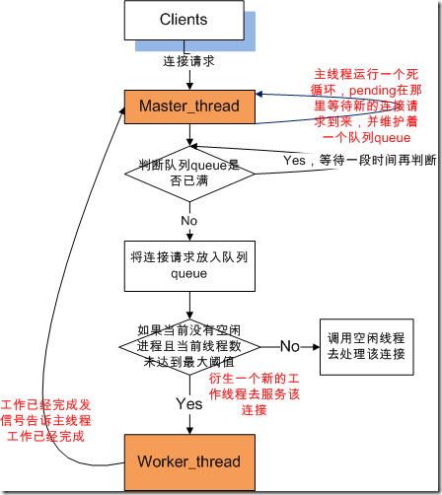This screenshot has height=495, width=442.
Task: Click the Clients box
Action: click(184, 20)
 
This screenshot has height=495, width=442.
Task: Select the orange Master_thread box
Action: click(189, 106)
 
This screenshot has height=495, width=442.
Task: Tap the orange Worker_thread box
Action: click(189, 462)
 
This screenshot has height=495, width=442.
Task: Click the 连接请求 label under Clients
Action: click(188, 61)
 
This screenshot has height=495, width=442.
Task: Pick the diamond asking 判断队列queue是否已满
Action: click(189, 174)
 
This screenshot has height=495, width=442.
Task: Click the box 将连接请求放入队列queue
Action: click(189, 266)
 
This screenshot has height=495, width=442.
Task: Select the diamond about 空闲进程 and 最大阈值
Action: click(189, 347)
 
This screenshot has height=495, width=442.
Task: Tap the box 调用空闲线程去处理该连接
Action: click(367, 347)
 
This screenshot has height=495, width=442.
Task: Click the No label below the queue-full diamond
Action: click(189, 221)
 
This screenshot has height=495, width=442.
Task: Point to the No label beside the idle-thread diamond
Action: click(290, 346)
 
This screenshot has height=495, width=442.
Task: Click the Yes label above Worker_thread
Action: click(189, 403)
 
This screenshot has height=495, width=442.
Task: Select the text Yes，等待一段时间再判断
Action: click(360, 161)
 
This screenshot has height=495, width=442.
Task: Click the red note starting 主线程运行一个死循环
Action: click(366, 106)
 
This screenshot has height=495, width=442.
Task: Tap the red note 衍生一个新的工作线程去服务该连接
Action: click(255, 394)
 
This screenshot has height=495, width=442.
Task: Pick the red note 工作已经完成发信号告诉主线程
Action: click(45, 421)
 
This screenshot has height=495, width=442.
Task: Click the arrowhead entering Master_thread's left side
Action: click(122, 110)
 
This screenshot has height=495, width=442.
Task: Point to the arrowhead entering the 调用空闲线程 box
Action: click(317, 347)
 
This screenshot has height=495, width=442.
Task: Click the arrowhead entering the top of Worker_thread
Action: click(189, 431)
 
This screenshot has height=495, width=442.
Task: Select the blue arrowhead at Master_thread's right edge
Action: click(258, 95)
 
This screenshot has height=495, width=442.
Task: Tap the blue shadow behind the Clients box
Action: click(250, 32)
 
